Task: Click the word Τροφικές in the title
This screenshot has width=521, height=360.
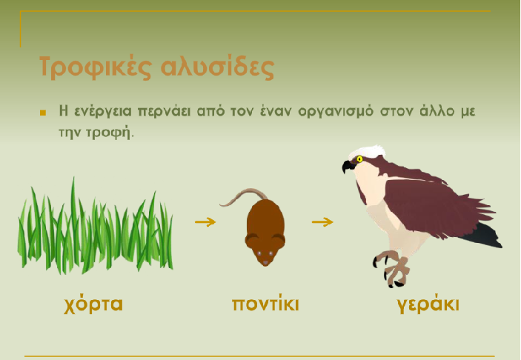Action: click(x=96, y=67)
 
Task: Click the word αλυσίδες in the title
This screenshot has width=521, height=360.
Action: click(x=218, y=67)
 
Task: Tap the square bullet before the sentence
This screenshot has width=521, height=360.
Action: click(x=43, y=113)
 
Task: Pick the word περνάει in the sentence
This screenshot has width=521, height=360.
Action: click(x=164, y=111)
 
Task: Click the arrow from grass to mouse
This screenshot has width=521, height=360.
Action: click(x=205, y=221)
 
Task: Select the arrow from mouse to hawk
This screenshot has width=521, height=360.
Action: click(x=322, y=221)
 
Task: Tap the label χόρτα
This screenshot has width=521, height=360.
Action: click(x=93, y=304)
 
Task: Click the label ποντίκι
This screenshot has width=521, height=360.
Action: click(x=265, y=304)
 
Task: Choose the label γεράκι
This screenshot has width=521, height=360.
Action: click(x=428, y=304)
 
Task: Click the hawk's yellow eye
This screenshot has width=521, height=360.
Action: click(x=359, y=159)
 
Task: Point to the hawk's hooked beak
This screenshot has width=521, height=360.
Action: click(x=348, y=166)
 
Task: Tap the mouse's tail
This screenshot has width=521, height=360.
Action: click(x=244, y=196)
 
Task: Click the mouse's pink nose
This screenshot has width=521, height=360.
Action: click(x=265, y=263)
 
